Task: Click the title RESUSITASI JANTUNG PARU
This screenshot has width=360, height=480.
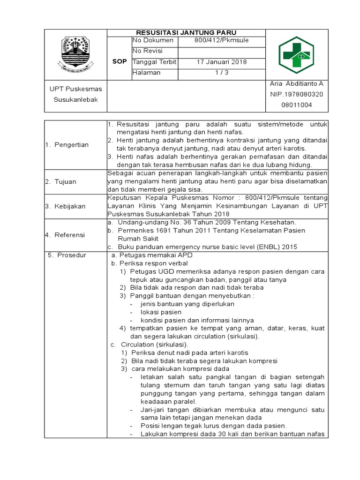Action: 186,32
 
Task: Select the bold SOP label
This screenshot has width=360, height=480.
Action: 120,62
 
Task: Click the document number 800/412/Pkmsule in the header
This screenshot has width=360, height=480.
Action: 221,40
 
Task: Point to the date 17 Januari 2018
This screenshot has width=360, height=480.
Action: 221,62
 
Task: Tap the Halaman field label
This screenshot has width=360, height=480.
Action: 147,73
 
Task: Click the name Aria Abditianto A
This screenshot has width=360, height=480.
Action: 296,84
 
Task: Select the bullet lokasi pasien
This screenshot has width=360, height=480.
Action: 161,312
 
